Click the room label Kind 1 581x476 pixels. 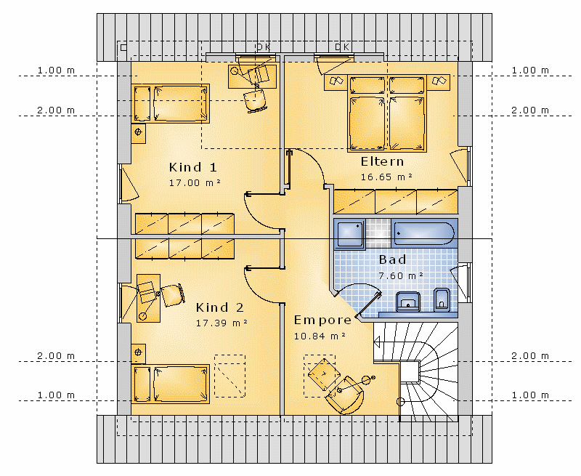coord(192,167)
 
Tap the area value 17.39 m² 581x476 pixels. coord(222,323)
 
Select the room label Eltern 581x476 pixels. coord(383,161)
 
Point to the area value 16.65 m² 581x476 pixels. coord(386,177)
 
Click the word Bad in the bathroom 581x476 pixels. coord(392,259)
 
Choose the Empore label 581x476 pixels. coord(322,320)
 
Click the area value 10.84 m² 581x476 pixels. coord(320,336)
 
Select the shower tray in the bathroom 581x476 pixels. coord(350,233)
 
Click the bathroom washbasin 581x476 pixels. coord(408,301)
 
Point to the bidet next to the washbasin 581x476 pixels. coord(442,299)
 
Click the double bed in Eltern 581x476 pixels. coord(387,113)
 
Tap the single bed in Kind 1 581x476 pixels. coord(171,103)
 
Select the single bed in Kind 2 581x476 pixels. coord(171,384)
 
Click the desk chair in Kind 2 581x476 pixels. coord(173,295)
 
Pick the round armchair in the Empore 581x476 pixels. coord(345,395)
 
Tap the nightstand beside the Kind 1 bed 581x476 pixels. coord(138,133)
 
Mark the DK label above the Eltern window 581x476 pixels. coord(342,47)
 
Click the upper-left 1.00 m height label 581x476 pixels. coord(56,70)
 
